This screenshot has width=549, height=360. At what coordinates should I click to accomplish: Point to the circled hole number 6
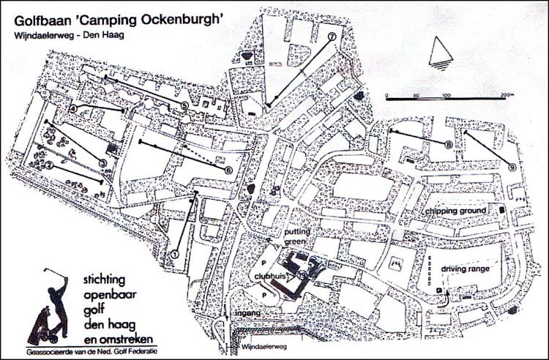point(228,170)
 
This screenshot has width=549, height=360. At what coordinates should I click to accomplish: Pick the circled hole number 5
point(184,105)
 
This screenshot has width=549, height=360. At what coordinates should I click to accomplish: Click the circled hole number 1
point(175,253)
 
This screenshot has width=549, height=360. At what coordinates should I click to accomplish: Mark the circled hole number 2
point(48,166)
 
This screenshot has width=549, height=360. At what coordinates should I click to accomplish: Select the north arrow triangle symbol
point(440,52)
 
